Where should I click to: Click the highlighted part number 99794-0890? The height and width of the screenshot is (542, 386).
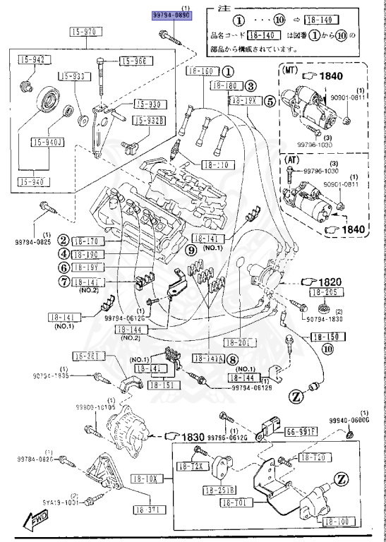click(172, 14)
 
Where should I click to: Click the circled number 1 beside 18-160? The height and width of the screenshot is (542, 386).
click(228, 72)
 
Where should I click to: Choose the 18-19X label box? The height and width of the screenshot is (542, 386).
click(243, 101)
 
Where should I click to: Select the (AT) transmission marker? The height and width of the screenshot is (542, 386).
click(290, 161)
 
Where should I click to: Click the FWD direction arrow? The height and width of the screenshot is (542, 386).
click(35, 523)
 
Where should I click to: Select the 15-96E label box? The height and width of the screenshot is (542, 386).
click(134, 61)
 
